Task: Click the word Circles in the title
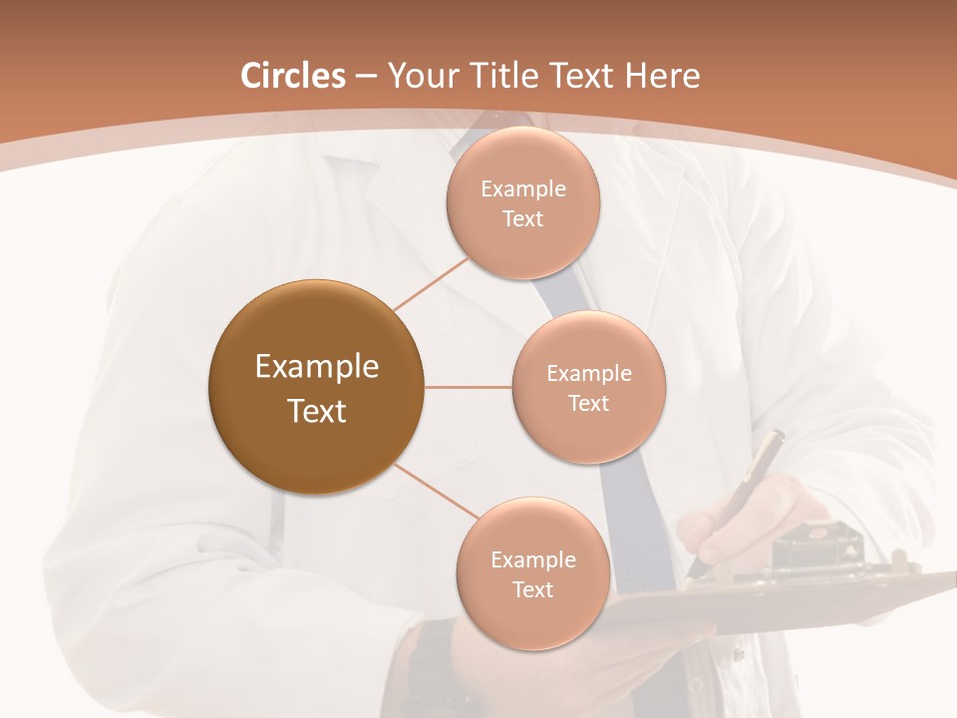(x=293, y=76)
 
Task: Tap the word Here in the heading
(x=663, y=76)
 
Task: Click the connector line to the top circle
(x=431, y=284)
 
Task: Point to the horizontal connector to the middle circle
(x=468, y=387)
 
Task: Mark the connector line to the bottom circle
(x=436, y=491)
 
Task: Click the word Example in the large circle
(x=316, y=367)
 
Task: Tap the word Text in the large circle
(x=316, y=411)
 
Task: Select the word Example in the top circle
(x=522, y=189)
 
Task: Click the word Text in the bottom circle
(x=532, y=589)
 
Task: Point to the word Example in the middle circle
(x=588, y=374)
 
